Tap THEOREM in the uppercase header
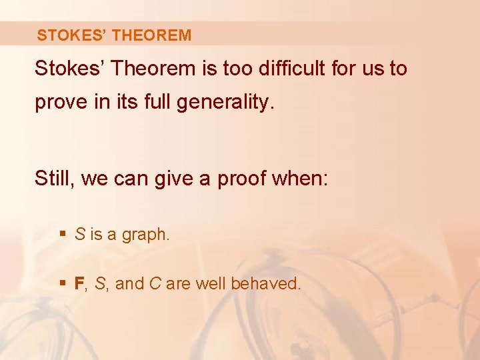(x=152, y=35)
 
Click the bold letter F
(x=79, y=283)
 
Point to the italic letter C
(x=154, y=283)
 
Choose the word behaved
(x=266, y=283)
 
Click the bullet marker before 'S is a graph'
(x=63, y=234)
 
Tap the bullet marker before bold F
(x=63, y=283)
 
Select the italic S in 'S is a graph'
(x=79, y=235)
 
